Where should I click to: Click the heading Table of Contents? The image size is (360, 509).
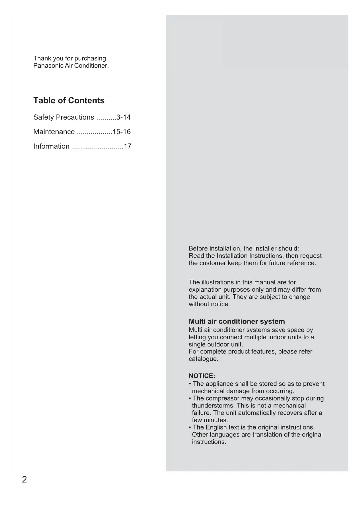[69, 100]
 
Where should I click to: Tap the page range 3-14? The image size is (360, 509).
[123, 117]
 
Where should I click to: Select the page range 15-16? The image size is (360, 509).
[122, 132]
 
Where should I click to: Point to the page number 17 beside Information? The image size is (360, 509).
[127, 146]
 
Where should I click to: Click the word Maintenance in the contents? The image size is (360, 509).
[54, 132]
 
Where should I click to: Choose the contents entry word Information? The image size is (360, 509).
[51, 146]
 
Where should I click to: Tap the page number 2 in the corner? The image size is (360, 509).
[24, 479]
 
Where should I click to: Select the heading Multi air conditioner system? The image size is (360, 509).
[237, 321]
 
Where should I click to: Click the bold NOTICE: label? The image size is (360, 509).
[202, 376]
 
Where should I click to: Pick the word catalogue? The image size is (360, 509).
[203, 359]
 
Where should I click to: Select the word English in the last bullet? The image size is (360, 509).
[216, 427]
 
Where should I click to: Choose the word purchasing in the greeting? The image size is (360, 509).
[90, 58]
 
